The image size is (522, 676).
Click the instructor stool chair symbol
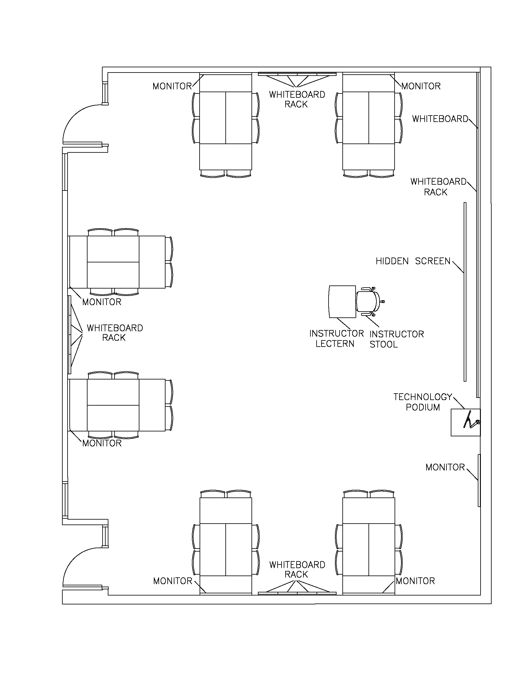368,302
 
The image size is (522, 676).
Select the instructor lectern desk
342,302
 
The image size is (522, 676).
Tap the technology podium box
465,422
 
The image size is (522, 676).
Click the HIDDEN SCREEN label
413,261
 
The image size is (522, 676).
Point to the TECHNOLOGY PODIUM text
423,402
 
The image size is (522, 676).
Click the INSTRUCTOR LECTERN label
336,339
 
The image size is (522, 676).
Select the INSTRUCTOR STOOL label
396,339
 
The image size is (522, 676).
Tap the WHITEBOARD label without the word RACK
440,119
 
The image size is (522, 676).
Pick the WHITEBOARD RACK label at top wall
297,99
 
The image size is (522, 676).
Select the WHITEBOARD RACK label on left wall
115,333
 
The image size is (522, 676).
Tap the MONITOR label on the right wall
445,467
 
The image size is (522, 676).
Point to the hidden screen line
465,291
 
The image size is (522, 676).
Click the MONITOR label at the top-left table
172,86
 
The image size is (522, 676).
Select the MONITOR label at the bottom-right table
415,581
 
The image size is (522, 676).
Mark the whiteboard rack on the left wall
70,334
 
